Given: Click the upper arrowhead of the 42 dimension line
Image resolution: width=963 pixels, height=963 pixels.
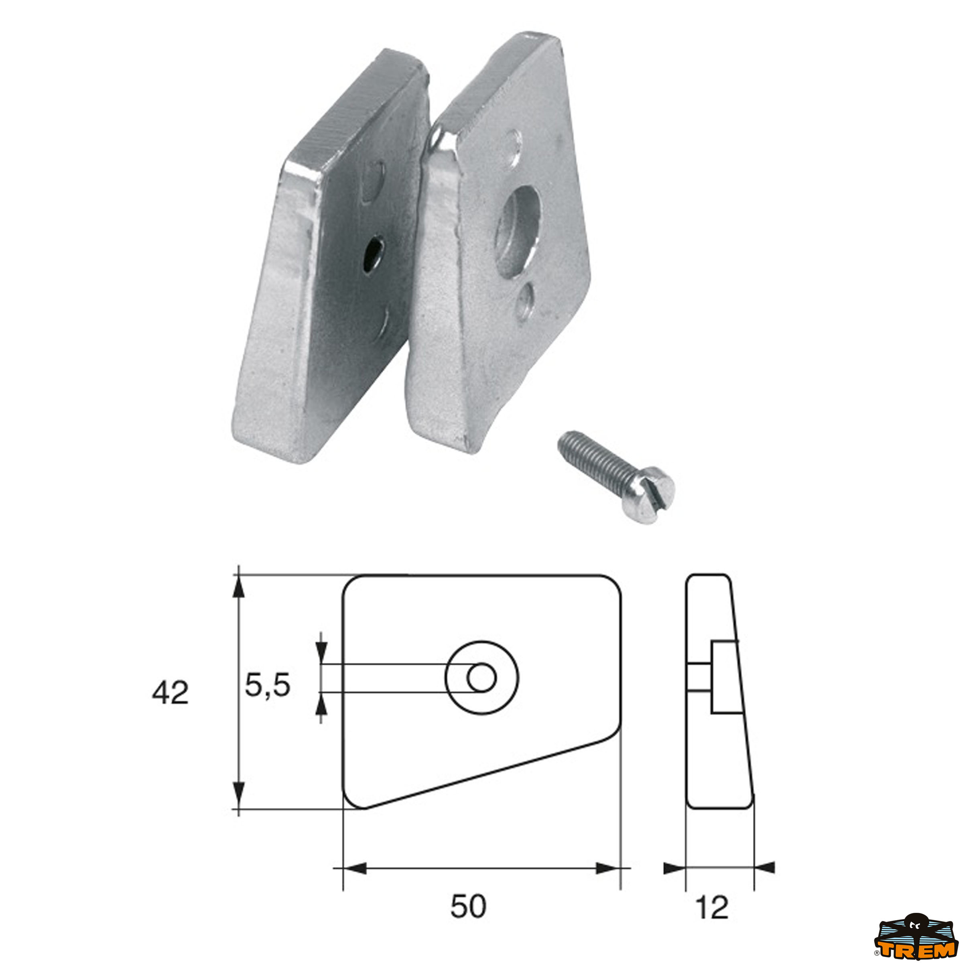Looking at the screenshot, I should [x=239, y=587].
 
